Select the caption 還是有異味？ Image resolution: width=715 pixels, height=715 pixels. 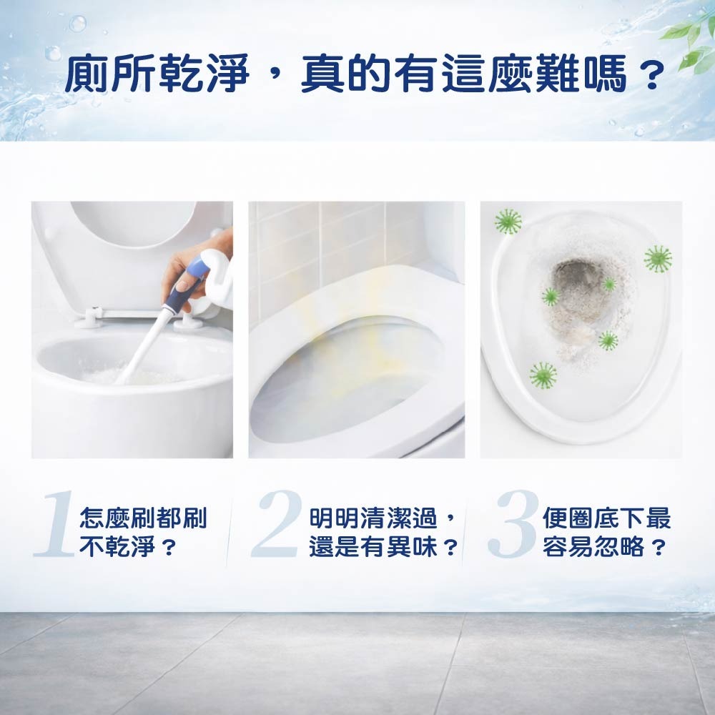[x=383, y=548]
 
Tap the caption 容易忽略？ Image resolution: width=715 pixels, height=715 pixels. [x=604, y=548]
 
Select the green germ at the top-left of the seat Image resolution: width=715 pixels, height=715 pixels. [x=508, y=222]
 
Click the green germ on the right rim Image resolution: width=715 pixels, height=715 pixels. [x=657, y=259]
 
